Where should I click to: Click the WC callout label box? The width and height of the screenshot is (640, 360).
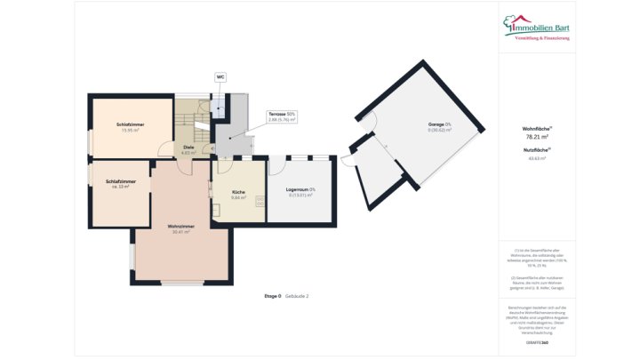point(220,77)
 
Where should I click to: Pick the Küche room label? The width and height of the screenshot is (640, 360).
point(238,192)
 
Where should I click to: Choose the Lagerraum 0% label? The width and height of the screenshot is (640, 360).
point(300,189)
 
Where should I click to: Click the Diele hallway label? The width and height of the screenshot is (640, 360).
point(188,147)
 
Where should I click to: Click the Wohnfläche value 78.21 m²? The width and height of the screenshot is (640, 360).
point(537,137)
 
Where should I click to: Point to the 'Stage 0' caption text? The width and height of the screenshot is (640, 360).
point(272,295)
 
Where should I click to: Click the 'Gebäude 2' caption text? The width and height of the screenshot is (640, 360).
point(297,295)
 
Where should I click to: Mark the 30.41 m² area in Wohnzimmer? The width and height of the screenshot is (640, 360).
point(180,232)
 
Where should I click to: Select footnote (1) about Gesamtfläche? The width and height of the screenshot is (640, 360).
point(537,258)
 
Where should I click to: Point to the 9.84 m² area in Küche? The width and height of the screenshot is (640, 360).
point(238,197)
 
